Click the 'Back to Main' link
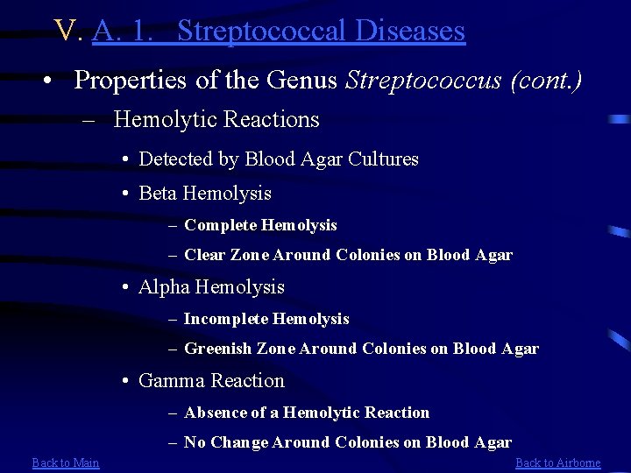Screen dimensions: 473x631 (66, 462)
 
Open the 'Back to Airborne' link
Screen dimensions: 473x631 (558, 462)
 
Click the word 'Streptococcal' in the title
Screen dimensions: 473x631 (252, 31)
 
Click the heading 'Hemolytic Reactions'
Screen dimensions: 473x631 (216, 119)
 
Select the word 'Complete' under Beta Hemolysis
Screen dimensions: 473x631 (220, 225)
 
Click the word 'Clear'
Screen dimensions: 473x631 (204, 255)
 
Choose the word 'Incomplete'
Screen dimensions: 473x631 (226, 319)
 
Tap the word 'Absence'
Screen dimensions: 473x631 (216, 413)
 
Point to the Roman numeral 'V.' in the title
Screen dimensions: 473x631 (68, 31)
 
